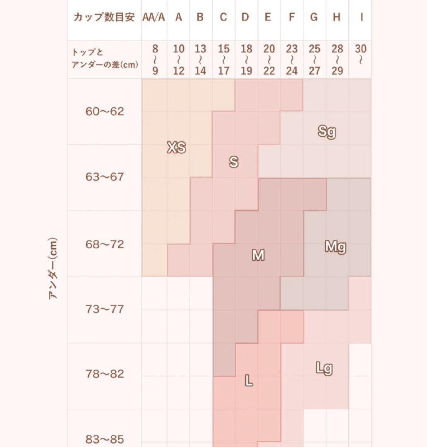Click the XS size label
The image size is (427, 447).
[176, 147]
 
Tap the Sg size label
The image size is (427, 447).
[326, 132]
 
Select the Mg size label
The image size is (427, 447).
[335, 247]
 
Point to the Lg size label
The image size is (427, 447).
[324, 368]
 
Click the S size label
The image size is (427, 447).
[234, 162]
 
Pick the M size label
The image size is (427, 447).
[258, 255]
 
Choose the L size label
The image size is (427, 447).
[249, 381]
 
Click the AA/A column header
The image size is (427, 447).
[154, 17]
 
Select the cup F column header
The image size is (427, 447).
[292, 17]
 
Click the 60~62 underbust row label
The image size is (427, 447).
[105, 111]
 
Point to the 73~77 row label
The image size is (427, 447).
[105, 309]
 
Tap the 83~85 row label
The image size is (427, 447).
[105, 439]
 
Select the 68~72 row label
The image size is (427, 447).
[105, 244]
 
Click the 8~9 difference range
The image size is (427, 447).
[155, 60]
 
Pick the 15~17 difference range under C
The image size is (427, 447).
[223, 60]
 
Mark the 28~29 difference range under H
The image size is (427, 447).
[337, 60]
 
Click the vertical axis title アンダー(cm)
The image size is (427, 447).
[53, 269]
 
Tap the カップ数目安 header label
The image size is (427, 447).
[104, 17]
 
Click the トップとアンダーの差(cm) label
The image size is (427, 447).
[105, 59]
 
